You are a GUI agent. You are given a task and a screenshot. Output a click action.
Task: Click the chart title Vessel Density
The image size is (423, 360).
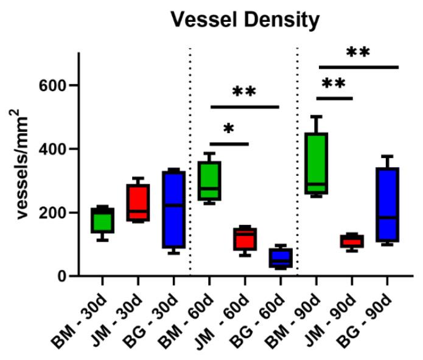click(x=245, y=21)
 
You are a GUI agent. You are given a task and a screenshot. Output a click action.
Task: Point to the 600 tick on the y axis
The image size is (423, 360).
click(x=53, y=85)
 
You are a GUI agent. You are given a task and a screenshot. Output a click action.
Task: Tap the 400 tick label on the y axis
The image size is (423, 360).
click(x=53, y=149)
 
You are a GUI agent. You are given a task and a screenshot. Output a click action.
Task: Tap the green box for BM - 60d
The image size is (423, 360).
click(x=209, y=181)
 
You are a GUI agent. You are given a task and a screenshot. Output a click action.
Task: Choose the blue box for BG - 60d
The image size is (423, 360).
click(x=281, y=258)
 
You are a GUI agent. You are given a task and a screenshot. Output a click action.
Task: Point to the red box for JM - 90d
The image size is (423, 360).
click(x=352, y=241)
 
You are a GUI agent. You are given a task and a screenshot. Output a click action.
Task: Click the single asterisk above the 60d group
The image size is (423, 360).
click(x=229, y=129)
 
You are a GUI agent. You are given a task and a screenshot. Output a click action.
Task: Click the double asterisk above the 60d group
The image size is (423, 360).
click(x=244, y=92)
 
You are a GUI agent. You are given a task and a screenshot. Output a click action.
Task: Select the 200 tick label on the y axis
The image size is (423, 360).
click(x=53, y=213)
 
